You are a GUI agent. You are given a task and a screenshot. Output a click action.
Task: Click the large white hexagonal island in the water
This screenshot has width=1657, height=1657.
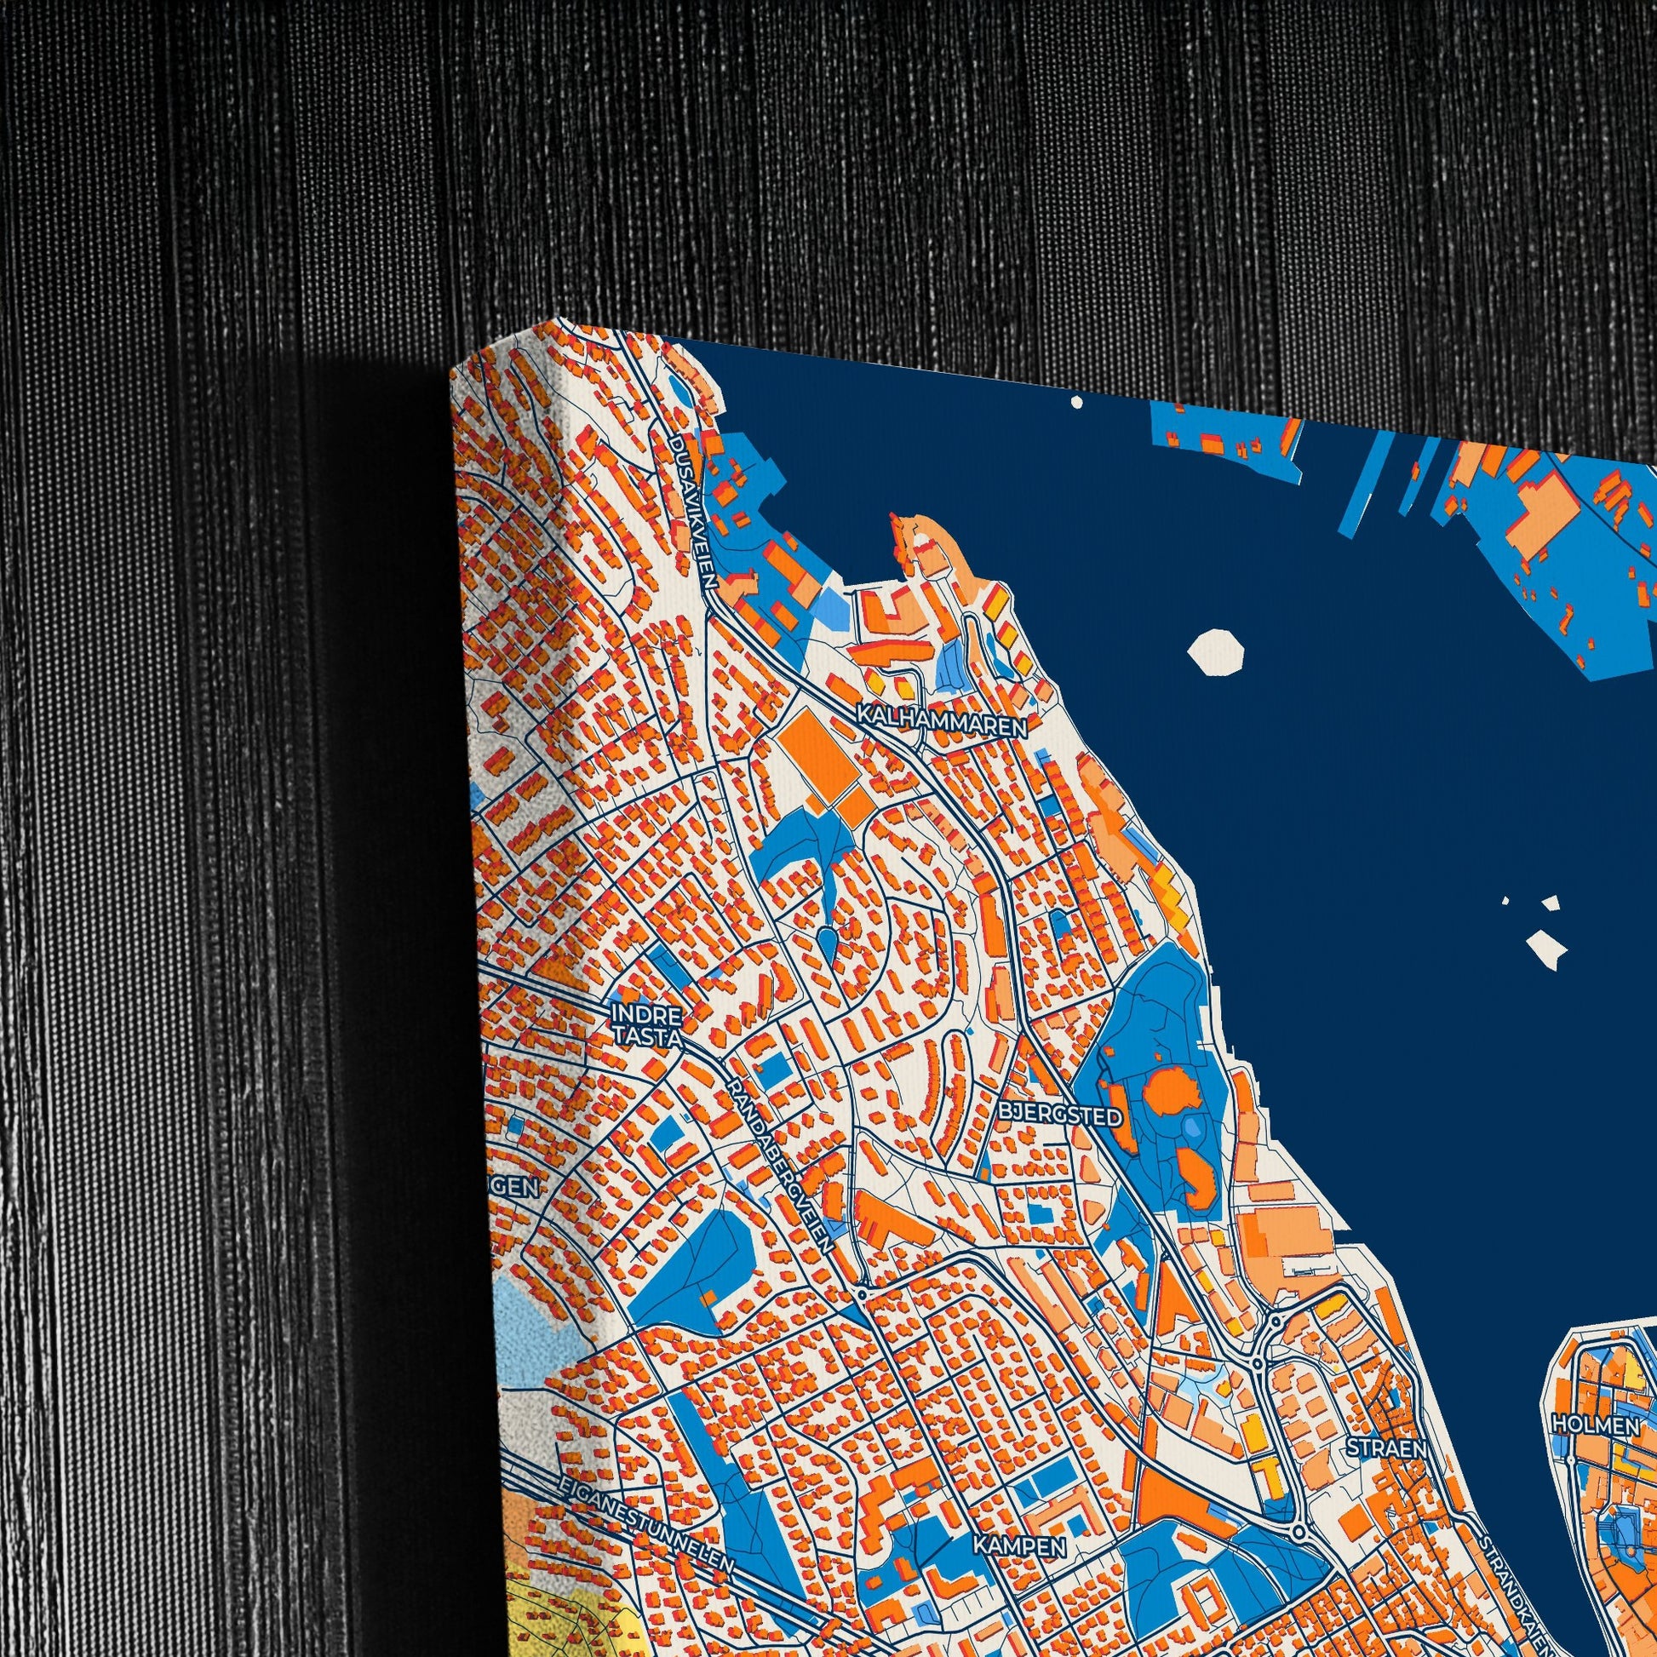click(x=1215, y=656)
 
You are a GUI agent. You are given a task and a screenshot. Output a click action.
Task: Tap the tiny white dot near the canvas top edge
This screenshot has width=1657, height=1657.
click(x=1076, y=400)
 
